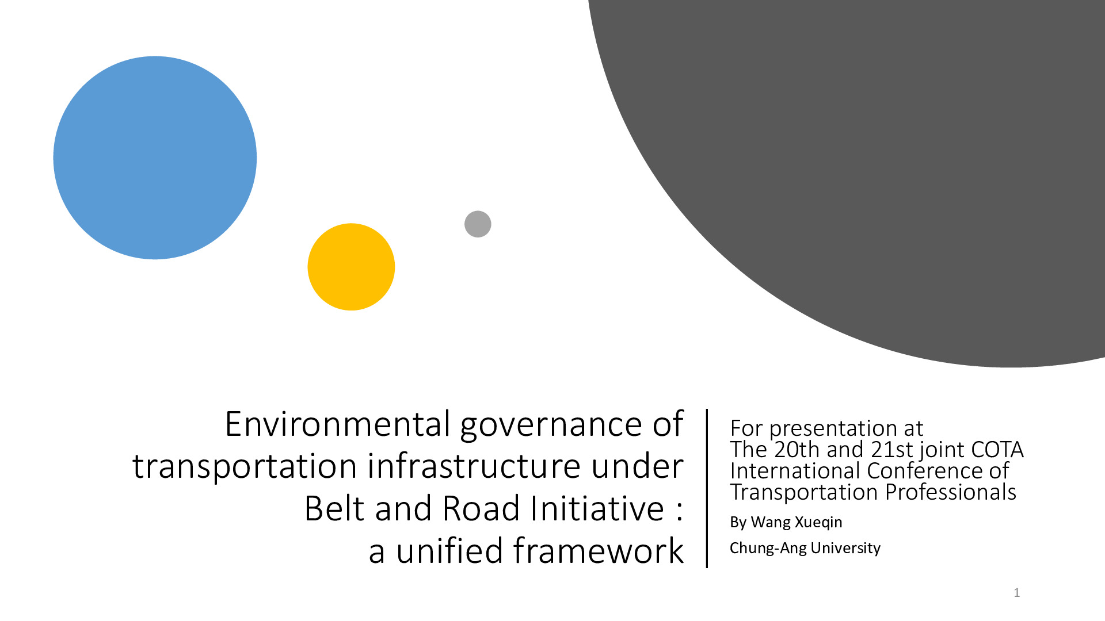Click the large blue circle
point(155,158)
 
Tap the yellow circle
point(351,267)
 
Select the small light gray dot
point(478,224)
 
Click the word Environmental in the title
point(338,424)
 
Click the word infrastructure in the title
point(474,466)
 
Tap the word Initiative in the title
point(597,508)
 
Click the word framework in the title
point(598,550)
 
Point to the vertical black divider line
point(707,488)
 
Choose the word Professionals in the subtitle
point(951,492)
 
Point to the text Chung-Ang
point(768,549)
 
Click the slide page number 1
point(1017,593)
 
